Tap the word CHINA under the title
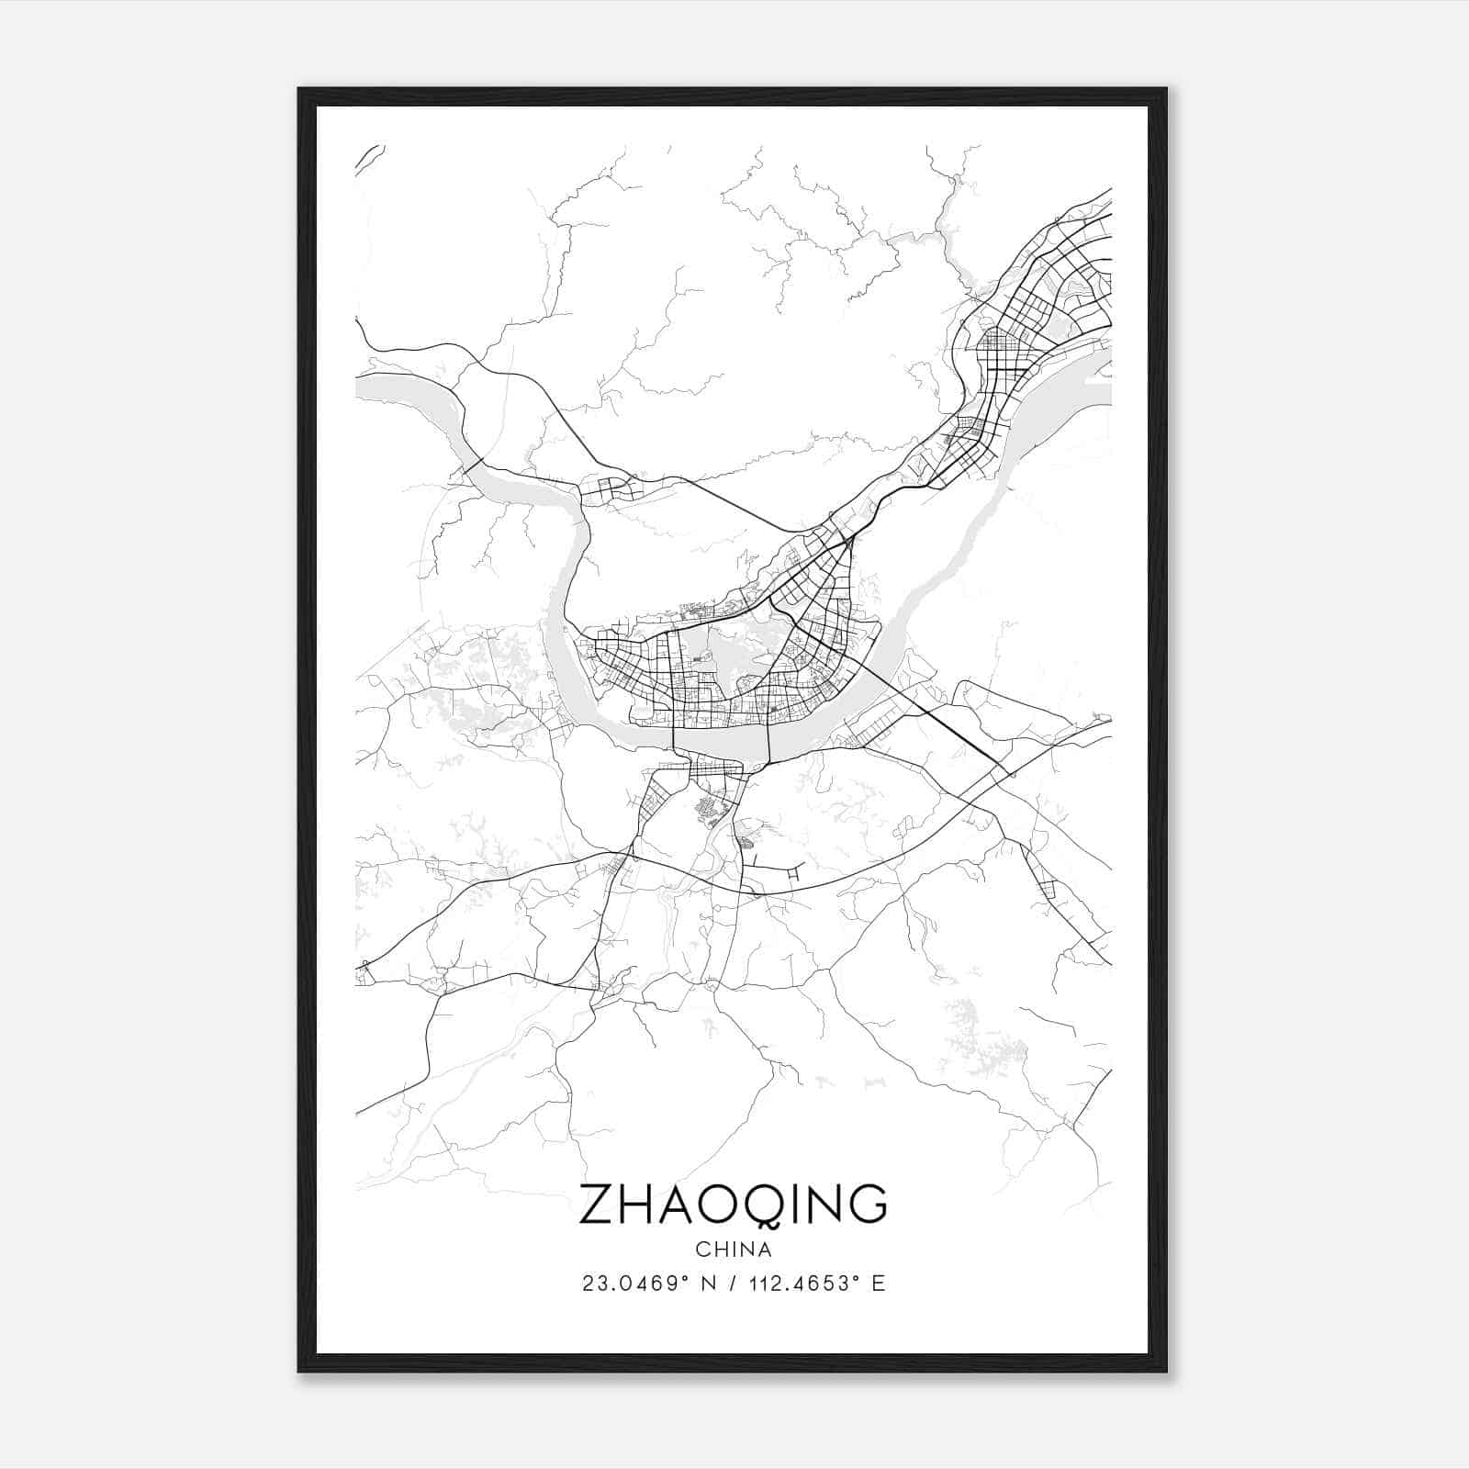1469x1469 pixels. pyautogui.click(x=734, y=1250)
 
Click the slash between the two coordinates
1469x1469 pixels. pyautogui.click(x=732, y=1284)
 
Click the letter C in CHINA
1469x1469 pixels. pyautogui.click(x=702, y=1250)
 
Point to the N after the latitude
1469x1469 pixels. pyautogui.click(x=707, y=1284)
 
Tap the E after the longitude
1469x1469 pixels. pyautogui.click(x=879, y=1284)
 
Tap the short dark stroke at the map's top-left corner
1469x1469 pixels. pyautogui.click(x=368, y=157)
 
